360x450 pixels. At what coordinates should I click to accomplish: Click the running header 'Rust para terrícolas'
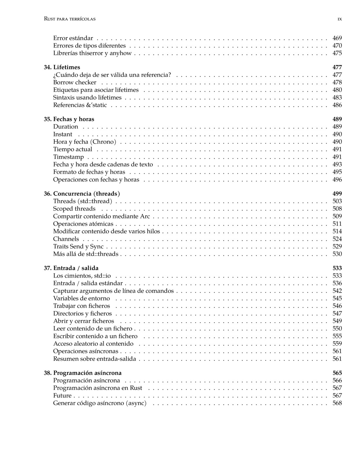tap(70, 19)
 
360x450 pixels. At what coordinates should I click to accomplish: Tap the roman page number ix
tap(340, 19)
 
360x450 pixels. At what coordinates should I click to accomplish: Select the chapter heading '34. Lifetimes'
tap(62, 67)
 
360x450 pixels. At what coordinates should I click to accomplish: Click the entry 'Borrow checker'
tap(75, 82)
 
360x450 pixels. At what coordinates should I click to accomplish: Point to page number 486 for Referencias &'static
tap(337, 105)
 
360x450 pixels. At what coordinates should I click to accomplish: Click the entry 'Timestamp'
tap(68, 157)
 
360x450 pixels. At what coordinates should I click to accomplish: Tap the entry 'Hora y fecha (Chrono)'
tap(85, 142)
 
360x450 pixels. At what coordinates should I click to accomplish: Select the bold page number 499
tap(337, 194)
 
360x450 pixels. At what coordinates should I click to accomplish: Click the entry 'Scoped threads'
tap(74, 209)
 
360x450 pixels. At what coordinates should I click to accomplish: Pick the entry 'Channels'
tap(66, 239)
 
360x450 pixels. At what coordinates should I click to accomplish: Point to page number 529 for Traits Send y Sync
tap(337, 246)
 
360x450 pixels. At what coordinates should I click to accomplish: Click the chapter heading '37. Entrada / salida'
tap(71, 268)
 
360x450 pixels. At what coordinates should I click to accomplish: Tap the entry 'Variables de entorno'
tap(81, 298)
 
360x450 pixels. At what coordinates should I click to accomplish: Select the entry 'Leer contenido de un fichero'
tap(93, 329)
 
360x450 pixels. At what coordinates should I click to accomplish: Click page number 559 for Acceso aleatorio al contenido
tap(337, 344)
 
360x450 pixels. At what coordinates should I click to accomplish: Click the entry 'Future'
tap(62, 396)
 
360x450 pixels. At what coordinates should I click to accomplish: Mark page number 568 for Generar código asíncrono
tap(337, 403)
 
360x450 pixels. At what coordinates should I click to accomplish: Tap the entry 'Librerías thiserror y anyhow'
tap(92, 53)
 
